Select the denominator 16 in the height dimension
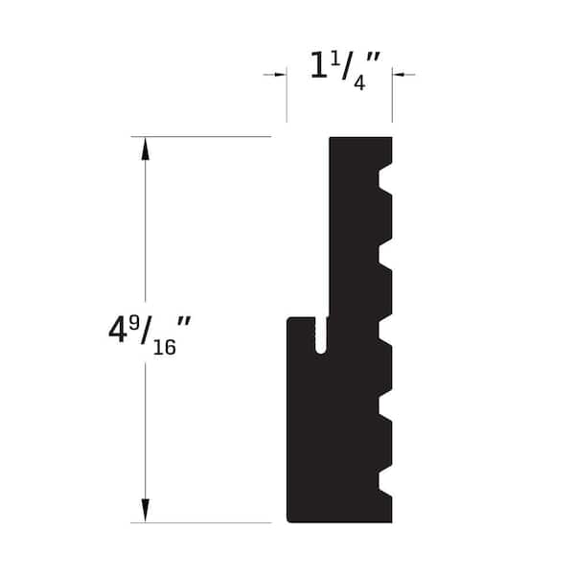click(x=165, y=347)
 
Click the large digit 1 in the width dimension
click(x=318, y=65)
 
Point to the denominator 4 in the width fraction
click(x=359, y=82)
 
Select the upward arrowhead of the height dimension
click(x=146, y=149)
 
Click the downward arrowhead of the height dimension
click(x=146, y=511)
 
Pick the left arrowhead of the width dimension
click(x=280, y=75)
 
